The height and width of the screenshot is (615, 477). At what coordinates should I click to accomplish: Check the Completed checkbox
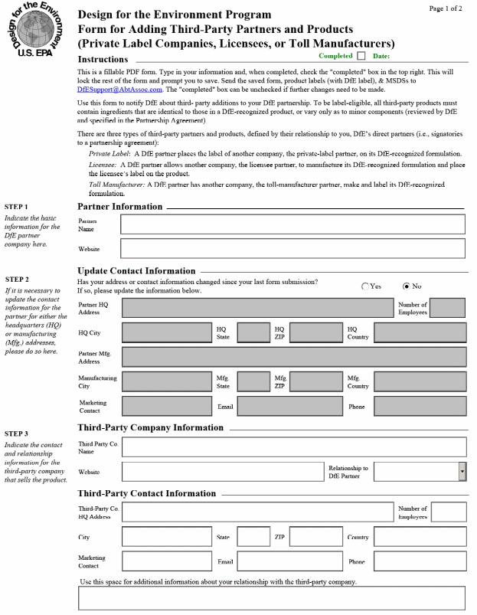tap(361, 56)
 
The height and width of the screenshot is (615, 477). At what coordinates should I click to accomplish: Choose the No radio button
tap(407, 286)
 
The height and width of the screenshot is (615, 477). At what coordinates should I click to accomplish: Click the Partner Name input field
tap(292, 224)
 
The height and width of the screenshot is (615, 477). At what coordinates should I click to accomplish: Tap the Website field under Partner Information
tap(292, 249)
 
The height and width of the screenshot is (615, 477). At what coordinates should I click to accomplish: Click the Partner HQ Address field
tap(257, 308)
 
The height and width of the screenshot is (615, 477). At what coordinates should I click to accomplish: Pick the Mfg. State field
tap(253, 381)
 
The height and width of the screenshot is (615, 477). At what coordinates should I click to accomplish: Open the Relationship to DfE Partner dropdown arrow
tap(462, 472)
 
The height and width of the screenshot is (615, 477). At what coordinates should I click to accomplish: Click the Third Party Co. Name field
tap(294, 447)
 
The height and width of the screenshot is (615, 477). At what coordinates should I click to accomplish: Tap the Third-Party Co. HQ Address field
tap(257, 512)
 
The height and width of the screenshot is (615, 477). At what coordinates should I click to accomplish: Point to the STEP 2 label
tap(17, 280)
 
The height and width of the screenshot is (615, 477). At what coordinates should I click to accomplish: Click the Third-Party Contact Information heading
tap(147, 493)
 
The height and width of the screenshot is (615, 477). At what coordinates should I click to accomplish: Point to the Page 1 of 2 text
tap(446, 8)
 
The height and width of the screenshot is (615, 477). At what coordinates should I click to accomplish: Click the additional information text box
tap(272, 598)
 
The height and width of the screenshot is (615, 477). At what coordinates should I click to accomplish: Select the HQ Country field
tap(420, 332)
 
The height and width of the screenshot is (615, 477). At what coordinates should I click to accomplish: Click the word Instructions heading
tap(103, 60)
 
